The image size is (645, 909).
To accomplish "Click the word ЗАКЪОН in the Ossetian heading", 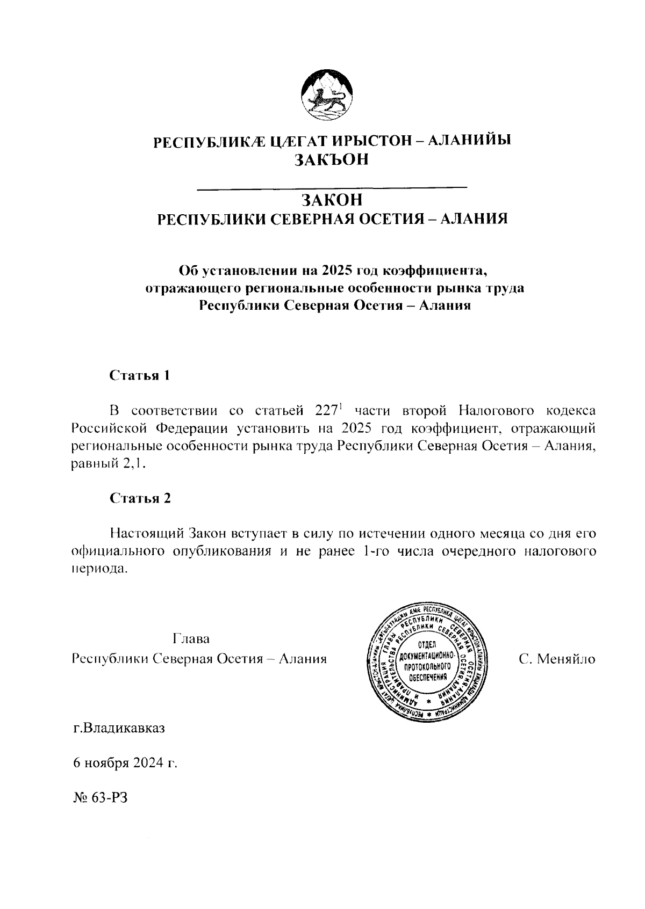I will pyautogui.click(x=331, y=160).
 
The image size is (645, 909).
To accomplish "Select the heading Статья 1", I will pyautogui.click(x=140, y=375).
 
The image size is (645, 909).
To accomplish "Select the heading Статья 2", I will pyautogui.click(x=140, y=498).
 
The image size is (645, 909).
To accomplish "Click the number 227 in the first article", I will pyautogui.click(x=322, y=412).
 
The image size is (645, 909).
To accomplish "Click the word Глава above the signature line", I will pyautogui.click(x=191, y=639).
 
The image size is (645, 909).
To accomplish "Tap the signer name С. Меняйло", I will pyautogui.click(x=557, y=658).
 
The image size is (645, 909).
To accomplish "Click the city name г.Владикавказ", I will pyautogui.click(x=119, y=729).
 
